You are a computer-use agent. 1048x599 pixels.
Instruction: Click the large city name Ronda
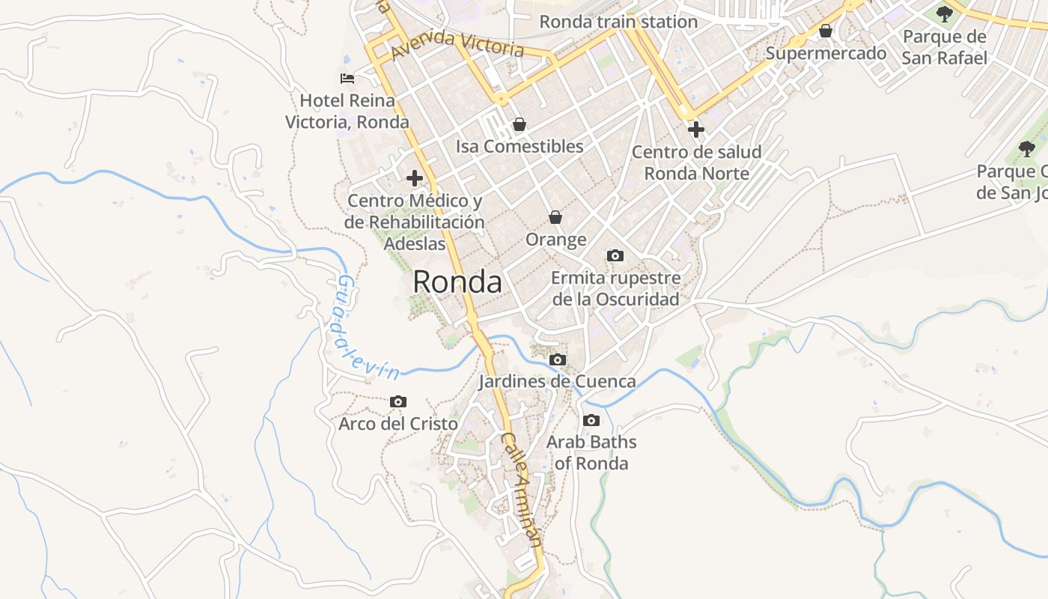(457, 282)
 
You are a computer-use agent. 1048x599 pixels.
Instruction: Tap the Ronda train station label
(618, 22)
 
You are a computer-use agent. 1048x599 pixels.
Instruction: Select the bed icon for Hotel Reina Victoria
(347, 79)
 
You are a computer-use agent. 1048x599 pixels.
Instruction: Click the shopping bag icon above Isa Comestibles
(520, 124)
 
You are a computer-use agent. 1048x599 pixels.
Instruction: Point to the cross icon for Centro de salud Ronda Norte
(696, 130)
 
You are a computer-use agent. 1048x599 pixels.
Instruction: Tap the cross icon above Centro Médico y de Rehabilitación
(414, 178)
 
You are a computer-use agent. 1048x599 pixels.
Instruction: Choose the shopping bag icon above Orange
(555, 217)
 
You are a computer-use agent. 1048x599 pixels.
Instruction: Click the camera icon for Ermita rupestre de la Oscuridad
(615, 256)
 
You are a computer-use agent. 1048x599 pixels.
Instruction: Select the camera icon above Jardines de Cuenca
(557, 360)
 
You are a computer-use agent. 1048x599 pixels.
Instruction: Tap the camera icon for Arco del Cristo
(398, 402)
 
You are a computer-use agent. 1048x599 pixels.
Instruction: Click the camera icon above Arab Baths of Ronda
(591, 420)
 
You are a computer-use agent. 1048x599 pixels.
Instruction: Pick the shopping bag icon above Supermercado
(826, 31)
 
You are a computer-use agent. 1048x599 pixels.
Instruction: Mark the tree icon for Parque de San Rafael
(945, 13)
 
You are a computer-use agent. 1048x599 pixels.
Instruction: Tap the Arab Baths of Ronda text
(591, 452)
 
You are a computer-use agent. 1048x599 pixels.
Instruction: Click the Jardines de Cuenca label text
(558, 382)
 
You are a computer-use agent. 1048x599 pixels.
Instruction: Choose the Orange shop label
(555, 240)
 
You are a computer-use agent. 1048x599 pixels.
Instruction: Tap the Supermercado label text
(826, 53)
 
